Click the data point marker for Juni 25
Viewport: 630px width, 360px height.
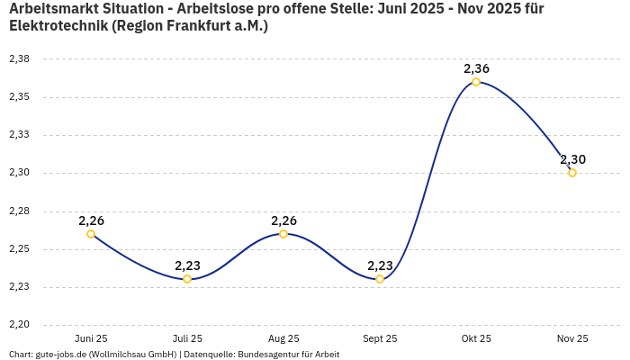tap(91, 234)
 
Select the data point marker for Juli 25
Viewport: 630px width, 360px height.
tap(187, 279)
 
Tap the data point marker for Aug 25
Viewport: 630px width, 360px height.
tap(283, 234)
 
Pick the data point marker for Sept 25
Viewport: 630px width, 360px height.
tap(380, 279)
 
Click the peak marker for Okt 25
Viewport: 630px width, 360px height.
tap(476, 82)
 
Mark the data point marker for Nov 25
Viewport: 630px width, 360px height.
tap(572, 173)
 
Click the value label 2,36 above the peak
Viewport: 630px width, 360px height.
tap(476, 68)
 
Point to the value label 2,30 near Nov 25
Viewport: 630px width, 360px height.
tap(572, 159)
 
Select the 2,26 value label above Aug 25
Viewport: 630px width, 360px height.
tap(283, 220)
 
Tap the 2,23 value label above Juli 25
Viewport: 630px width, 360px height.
tap(187, 265)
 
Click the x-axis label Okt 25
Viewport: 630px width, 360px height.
tap(476, 338)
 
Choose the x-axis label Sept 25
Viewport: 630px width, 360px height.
tap(380, 338)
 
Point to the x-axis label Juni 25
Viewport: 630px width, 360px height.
tap(91, 338)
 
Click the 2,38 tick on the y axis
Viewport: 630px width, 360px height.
tap(19, 58)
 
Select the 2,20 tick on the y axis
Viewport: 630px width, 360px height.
tap(19, 325)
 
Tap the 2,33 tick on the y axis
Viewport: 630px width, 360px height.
tap(19, 135)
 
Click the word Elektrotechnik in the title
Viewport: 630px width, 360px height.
tap(58, 26)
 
